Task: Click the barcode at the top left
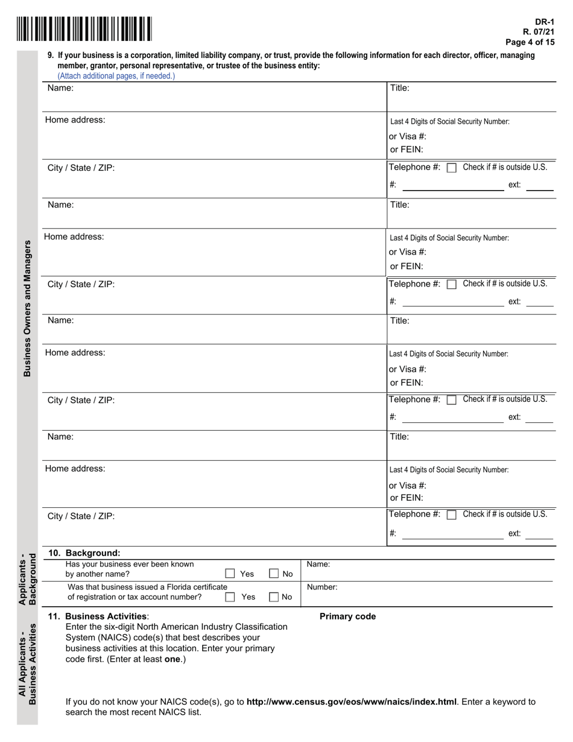pyautogui.click(x=84, y=29)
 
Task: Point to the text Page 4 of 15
pyautogui.click(x=530, y=42)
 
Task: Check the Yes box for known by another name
pyautogui.click(x=230, y=574)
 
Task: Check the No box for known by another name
pyautogui.click(x=274, y=574)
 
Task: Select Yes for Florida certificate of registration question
pyautogui.click(x=230, y=597)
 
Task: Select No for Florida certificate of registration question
pyautogui.click(x=274, y=597)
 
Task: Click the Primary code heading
pyautogui.click(x=347, y=617)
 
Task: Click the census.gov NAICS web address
pyautogui.click(x=351, y=702)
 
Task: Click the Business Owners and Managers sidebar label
pyautogui.click(x=27, y=308)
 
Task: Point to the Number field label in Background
pyautogui.click(x=322, y=586)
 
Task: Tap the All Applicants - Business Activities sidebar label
pyautogui.click(x=27, y=664)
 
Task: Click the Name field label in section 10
pyautogui.click(x=318, y=565)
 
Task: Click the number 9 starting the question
pyautogui.click(x=51, y=55)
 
